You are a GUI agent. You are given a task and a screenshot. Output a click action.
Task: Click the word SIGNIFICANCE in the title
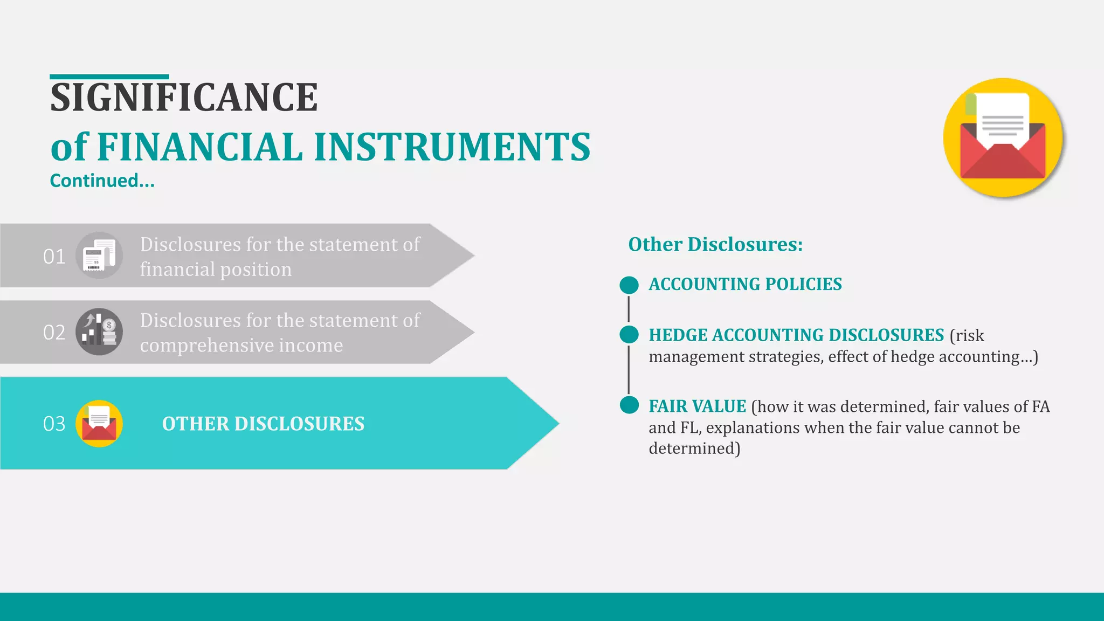pos(184,98)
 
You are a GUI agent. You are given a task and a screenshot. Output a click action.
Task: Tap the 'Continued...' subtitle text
pos(102,181)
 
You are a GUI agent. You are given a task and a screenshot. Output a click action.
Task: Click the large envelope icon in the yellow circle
pos(1003,138)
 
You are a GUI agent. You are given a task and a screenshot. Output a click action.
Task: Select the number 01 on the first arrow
pos(54,257)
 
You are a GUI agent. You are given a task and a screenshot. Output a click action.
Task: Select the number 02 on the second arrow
pos(54,333)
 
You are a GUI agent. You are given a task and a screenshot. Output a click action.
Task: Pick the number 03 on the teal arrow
pos(54,424)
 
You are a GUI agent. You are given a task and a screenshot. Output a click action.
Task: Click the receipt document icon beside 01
pos(99,256)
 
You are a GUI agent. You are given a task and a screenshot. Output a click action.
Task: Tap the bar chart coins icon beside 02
pos(99,332)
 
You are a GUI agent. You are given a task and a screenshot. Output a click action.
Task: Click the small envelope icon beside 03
pos(99,423)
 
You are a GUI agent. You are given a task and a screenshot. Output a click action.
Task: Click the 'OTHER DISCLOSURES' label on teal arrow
pos(263,424)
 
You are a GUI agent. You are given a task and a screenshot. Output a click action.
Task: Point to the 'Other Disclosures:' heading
pos(715,244)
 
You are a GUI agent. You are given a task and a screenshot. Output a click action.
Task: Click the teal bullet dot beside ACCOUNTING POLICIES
pos(629,285)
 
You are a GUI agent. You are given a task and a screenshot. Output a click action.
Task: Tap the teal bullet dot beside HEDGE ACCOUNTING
pos(629,335)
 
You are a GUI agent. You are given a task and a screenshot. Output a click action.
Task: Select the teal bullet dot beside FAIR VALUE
pos(629,405)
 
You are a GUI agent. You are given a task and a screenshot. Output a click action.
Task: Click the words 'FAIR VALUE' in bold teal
pos(697,406)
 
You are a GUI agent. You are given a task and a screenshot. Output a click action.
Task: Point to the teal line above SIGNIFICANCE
pos(109,77)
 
